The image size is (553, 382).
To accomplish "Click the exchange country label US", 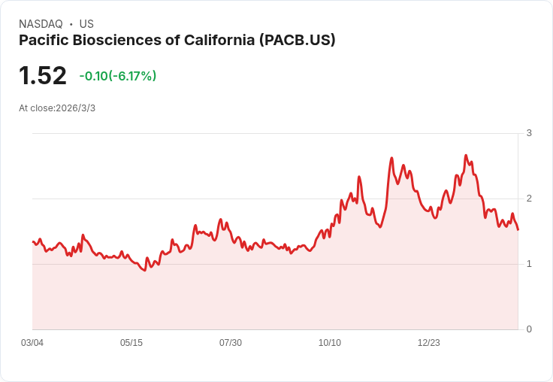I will coord(86,24).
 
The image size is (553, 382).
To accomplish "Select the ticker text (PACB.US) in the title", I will coord(297,40).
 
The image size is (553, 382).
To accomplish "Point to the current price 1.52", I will coord(43,76).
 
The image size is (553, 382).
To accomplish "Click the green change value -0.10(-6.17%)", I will coord(118,76).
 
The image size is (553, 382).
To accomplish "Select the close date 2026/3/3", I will coord(75,108).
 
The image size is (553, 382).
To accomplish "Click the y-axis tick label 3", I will coord(529,133).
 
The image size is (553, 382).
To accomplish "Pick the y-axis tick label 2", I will coord(529,199).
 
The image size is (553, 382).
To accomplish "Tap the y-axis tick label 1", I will coord(529,264).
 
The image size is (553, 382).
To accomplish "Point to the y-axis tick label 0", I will coord(529,329).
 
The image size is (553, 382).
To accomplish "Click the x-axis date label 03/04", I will coord(32,343).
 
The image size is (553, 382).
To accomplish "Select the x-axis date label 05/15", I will coord(131,343).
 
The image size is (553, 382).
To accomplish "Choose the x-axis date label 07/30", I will coord(231,343).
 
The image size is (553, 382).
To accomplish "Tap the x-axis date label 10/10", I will coord(330,343).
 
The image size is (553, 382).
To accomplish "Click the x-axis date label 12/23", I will coord(429,343).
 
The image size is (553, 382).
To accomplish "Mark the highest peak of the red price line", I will coord(466,156).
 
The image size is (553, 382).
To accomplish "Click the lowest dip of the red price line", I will coord(144,270).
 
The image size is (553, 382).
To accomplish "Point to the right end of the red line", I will coord(518,229).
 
